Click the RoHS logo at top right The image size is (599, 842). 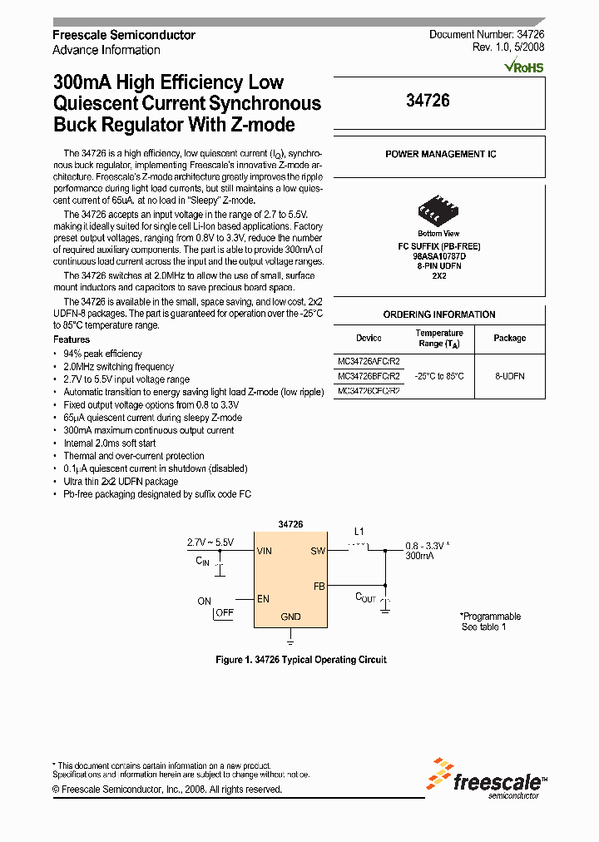524,64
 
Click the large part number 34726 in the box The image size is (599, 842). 428,101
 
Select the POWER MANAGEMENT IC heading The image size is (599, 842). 440,155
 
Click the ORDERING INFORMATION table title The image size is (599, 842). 439,315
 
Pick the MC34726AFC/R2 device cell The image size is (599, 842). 369,361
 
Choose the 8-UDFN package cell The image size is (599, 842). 509,376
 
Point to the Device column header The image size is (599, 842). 369,338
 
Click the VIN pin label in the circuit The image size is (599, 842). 265,551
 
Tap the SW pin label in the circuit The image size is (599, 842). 317,551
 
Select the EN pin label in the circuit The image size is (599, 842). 264,597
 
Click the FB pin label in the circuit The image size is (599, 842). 319,586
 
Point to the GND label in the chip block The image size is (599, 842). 290,617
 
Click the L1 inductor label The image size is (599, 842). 359,531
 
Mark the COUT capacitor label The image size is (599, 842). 366,597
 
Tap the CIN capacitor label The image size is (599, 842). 203,562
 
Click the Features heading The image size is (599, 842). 72,339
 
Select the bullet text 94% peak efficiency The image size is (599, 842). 103,354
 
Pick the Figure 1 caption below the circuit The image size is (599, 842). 301,660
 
